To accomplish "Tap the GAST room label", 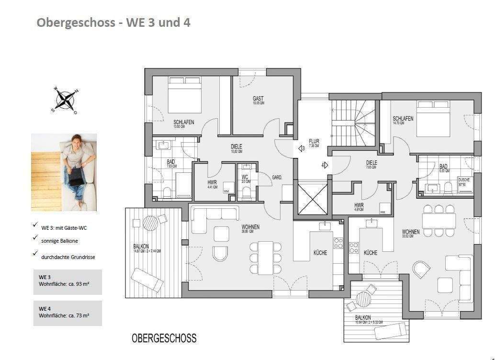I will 258,99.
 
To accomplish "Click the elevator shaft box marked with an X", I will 312,197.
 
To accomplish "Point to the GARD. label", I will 276,177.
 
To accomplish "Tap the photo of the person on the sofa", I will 64,172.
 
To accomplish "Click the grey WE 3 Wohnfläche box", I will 67,281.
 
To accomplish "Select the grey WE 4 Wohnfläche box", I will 67,313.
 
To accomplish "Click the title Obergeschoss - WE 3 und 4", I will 113,22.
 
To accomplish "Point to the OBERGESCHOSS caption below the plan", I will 164,338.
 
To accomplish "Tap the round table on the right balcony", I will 364,300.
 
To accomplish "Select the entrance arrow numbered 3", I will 301,148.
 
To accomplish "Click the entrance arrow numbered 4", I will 325,165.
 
